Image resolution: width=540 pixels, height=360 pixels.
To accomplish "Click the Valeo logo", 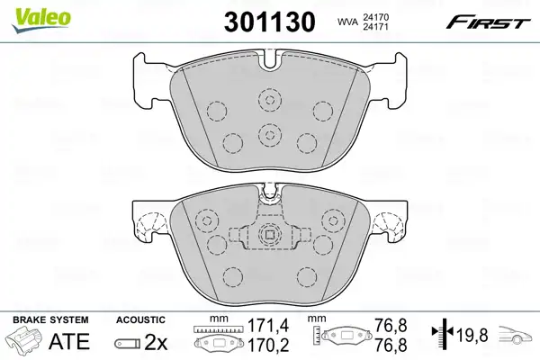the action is pos(41,20).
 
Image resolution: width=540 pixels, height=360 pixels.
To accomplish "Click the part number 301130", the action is pos(270,22).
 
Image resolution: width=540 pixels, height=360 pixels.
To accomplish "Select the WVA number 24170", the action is pos(375,17).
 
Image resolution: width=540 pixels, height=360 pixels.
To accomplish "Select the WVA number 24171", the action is pos(375,26).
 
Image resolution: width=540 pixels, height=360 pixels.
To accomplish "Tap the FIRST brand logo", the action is pos(489,23).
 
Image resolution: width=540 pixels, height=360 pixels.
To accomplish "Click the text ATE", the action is pos(69,341).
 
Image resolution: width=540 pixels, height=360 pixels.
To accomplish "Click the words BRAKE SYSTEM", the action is pos(50,320).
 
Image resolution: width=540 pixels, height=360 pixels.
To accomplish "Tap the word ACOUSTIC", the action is pos(140,320).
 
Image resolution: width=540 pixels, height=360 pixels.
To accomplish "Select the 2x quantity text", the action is pos(156,342).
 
